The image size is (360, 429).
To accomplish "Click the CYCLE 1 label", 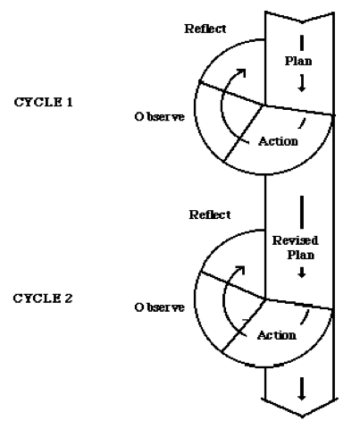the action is [x=43, y=102].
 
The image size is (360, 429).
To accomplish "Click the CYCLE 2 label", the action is [x=43, y=299].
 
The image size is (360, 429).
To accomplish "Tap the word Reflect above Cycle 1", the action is [x=205, y=29].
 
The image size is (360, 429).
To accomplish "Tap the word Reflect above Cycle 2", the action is [x=210, y=214].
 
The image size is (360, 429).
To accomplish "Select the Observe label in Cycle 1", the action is [x=160, y=116].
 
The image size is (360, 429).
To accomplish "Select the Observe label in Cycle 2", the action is [x=160, y=307].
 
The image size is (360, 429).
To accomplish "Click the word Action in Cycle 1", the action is [x=278, y=141].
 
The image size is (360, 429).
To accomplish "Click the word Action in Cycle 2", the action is [x=277, y=335].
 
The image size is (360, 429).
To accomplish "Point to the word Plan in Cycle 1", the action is [x=298, y=61].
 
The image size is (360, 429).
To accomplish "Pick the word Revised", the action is [x=295, y=240].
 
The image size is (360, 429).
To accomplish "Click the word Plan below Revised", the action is [x=301, y=255].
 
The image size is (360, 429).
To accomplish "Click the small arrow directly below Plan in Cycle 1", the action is [x=302, y=83].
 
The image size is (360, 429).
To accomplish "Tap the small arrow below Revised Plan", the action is [x=302, y=273].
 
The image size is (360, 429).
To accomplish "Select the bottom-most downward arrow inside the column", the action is [x=302, y=389].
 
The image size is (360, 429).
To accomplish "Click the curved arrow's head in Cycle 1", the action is [x=242, y=71].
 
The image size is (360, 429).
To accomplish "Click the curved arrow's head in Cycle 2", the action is [x=240, y=269].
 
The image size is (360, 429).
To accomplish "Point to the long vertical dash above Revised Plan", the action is [x=302, y=212].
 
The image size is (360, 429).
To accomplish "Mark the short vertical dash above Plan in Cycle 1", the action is [x=302, y=43].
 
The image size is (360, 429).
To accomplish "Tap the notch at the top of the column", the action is [x=302, y=22].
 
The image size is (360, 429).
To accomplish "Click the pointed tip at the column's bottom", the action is [x=302, y=416].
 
